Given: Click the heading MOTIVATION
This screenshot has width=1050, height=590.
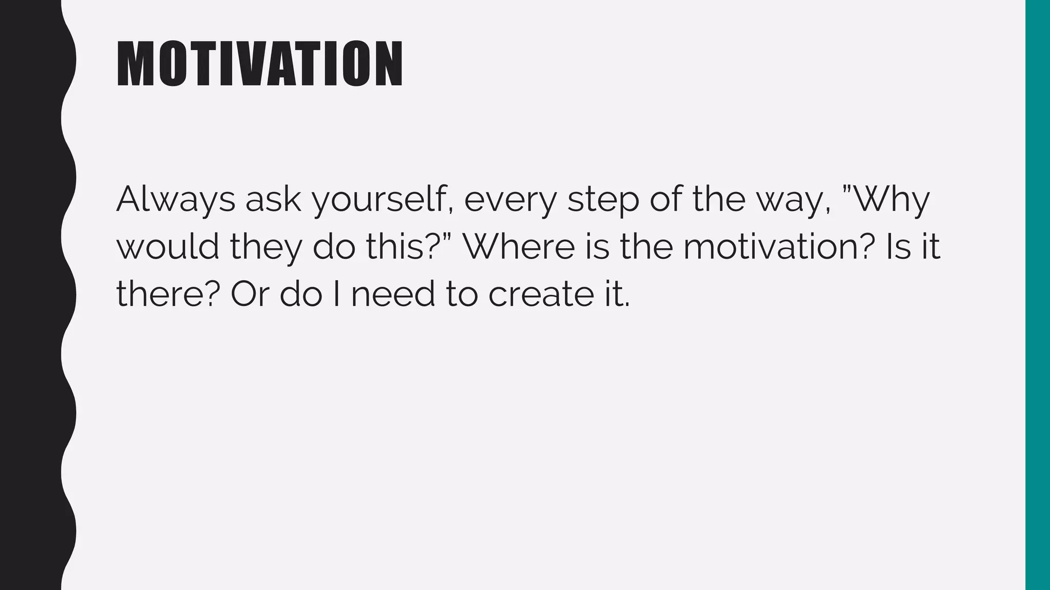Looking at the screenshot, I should (259, 65).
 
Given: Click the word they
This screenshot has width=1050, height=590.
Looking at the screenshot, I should (266, 248).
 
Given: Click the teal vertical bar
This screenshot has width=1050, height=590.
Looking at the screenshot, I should (1038, 295).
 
